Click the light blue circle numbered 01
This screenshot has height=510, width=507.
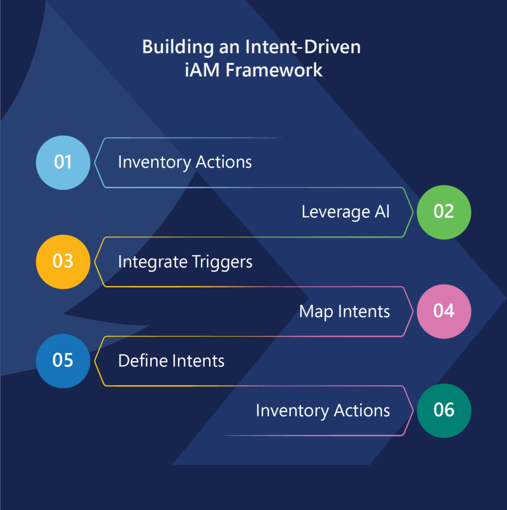tap(63, 163)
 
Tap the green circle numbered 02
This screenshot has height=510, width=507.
tap(444, 212)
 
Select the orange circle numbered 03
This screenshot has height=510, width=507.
tap(63, 262)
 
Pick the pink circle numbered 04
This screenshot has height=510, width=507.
tap(444, 311)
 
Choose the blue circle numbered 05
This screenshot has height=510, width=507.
tap(63, 361)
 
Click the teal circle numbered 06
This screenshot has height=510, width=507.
tap(444, 410)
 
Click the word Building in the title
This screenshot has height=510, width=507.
tap(178, 47)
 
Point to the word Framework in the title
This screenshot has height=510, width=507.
tap(274, 70)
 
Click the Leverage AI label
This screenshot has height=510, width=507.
tap(345, 212)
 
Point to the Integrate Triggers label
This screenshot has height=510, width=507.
tap(185, 262)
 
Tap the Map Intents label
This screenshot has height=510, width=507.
tap(345, 312)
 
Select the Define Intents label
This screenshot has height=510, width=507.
tap(171, 361)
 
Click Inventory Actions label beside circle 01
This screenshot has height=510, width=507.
tap(185, 162)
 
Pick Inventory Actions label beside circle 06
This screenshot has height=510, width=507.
tap(323, 411)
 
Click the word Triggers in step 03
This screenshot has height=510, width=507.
tap(222, 262)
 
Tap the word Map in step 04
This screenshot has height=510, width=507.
tap(316, 312)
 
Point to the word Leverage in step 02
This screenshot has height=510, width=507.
tap(336, 212)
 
